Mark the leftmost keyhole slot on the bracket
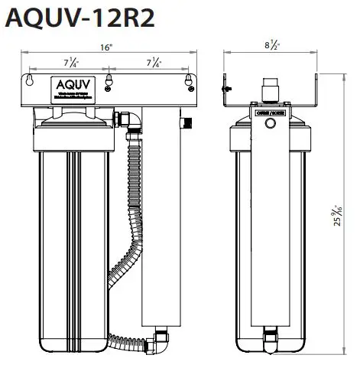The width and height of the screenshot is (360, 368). (x=30, y=79)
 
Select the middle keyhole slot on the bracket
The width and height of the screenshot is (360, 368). (x=109, y=79)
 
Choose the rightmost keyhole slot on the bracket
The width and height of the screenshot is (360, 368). (x=188, y=79)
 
